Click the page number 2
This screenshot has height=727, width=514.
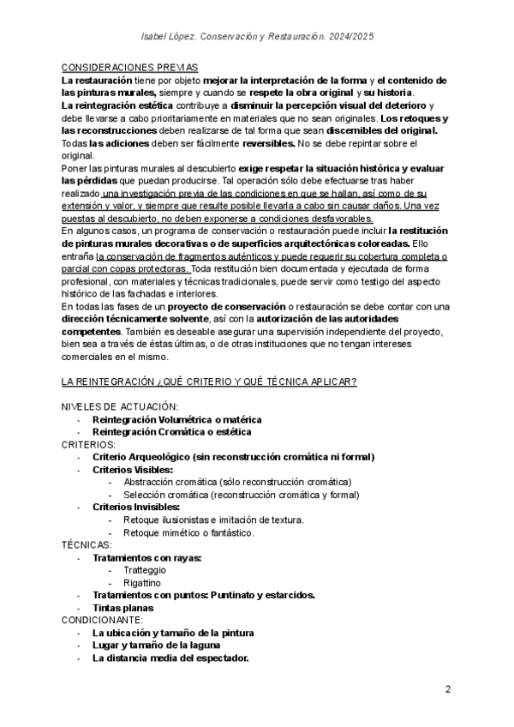(x=448, y=690)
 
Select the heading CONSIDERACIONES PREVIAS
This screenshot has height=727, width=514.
(x=129, y=67)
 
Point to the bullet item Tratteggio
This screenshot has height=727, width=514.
(x=145, y=569)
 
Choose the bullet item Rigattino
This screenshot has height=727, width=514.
(x=143, y=582)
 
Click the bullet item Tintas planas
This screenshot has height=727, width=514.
(x=123, y=607)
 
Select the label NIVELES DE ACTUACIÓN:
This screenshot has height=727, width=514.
(x=120, y=406)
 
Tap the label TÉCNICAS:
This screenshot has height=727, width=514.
(x=87, y=544)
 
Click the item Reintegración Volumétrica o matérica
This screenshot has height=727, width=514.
(x=176, y=419)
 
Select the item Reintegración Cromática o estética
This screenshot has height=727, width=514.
(x=172, y=432)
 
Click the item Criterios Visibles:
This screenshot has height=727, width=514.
(x=132, y=469)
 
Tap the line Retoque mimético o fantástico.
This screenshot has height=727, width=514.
(x=188, y=532)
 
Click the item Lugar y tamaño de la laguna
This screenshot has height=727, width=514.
(x=157, y=645)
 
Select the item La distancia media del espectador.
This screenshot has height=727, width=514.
(x=170, y=658)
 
